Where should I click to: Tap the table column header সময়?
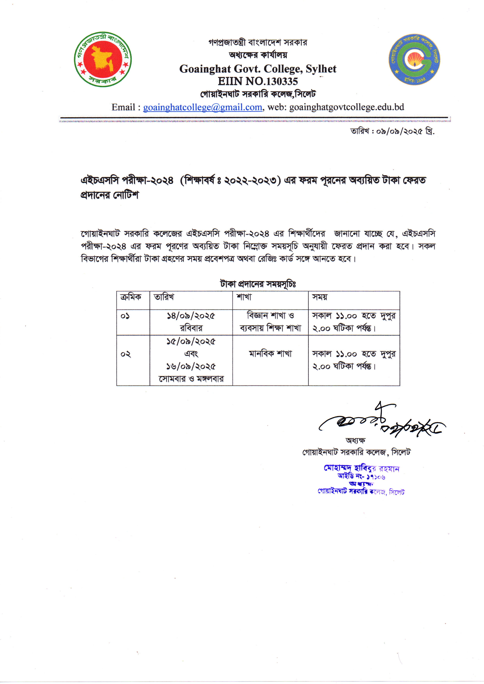[x=320, y=297]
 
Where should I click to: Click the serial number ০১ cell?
[x=125, y=316]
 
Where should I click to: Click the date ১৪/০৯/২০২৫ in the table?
[x=191, y=316]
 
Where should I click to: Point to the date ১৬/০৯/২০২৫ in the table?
[x=191, y=366]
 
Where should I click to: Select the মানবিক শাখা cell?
[x=270, y=354]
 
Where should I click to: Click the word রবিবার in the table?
[x=191, y=328]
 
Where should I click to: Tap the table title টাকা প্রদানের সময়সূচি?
[x=258, y=284]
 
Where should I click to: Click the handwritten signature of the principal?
[x=381, y=422]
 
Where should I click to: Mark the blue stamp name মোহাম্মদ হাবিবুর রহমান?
[x=361, y=468]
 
